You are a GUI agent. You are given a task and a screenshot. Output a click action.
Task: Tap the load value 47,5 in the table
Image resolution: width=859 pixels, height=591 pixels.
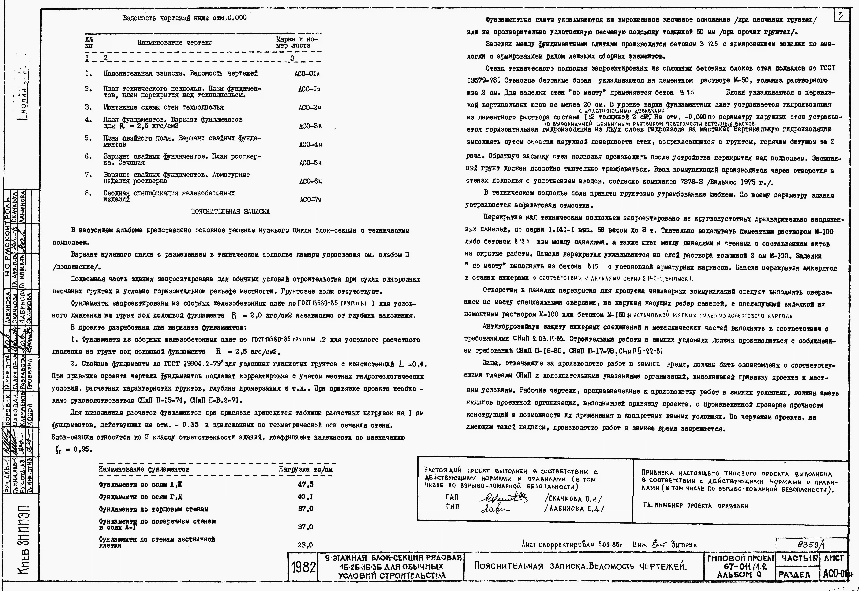(x=305, y=484)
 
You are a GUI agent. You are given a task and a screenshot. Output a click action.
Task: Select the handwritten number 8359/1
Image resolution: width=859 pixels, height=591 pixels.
(x=811, y=545)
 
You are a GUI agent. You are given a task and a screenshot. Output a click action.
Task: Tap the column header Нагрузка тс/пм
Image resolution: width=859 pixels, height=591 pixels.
(x=306, y=469)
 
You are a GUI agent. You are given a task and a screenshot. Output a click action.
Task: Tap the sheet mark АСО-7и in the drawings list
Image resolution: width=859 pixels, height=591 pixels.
(x=310, y=200)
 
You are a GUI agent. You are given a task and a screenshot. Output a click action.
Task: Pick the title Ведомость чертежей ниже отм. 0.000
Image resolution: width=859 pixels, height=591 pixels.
(x=184, y=18)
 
